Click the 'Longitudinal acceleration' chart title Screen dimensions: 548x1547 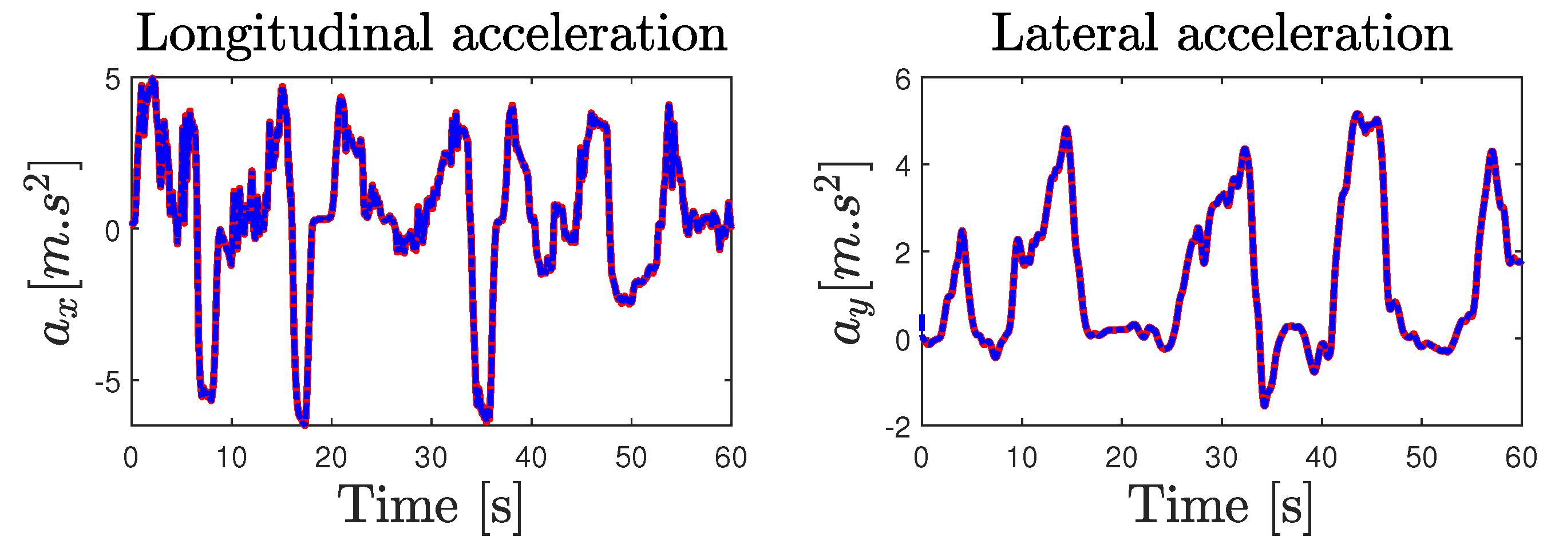point(431,34)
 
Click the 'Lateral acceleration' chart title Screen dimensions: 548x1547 point(1221,34)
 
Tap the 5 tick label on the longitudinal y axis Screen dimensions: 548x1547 point(113,80)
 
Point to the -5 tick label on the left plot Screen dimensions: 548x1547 point(108,383)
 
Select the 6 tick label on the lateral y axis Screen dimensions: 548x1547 point(903,80)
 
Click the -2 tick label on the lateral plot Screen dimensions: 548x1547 point(897,428)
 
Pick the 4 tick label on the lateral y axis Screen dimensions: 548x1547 point(903,167)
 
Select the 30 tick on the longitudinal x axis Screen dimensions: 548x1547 point(431,458)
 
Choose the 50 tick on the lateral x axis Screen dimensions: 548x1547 point(1422,458)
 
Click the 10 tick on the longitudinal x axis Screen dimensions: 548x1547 point(231,458)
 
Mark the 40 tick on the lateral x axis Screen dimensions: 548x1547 point(1321,458)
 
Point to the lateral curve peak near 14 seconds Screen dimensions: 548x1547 point(1066,130)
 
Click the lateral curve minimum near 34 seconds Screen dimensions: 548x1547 point(1264,405)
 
